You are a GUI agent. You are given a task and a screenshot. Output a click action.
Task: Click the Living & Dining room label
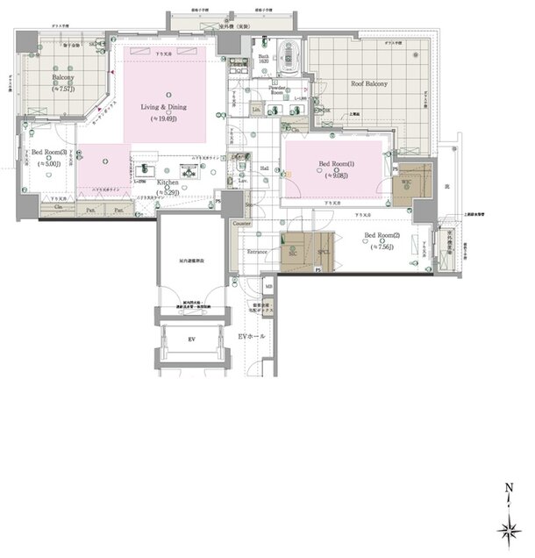168,110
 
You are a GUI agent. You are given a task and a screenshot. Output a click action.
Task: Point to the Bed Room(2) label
382,235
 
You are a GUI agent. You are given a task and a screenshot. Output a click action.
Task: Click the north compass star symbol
509,530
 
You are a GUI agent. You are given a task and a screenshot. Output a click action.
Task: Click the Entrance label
256,252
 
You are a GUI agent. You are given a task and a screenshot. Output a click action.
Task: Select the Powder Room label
265,90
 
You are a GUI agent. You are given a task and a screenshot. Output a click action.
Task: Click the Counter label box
242,224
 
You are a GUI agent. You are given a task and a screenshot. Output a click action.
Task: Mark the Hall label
265,168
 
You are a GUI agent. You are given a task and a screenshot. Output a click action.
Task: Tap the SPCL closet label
323,251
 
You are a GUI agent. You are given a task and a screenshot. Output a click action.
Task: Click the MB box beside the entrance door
268,285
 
